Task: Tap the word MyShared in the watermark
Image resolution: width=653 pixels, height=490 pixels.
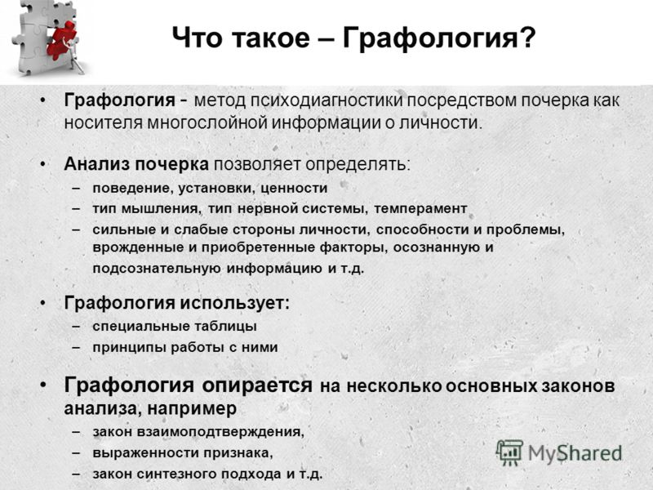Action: tap(575, 453)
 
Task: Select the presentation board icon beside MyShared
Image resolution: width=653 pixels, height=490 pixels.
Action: tap(509, 452)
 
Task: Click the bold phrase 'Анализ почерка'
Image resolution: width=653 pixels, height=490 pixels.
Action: tap(136, 164)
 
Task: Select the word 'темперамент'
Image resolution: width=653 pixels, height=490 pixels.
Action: tap(420, 208)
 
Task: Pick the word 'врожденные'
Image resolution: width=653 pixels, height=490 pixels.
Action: tap(139, 247)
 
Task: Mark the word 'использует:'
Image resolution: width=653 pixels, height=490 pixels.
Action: tap(235, 302)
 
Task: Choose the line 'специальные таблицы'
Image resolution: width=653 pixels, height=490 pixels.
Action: tap(175, 326)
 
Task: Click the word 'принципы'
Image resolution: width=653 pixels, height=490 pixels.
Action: tap(129, 347)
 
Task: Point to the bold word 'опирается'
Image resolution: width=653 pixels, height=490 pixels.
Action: tap(257, 385)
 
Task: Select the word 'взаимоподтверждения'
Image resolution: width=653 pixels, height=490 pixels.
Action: tap(220, 432)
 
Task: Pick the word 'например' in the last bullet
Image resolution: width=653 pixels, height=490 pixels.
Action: tap(192, 408)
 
